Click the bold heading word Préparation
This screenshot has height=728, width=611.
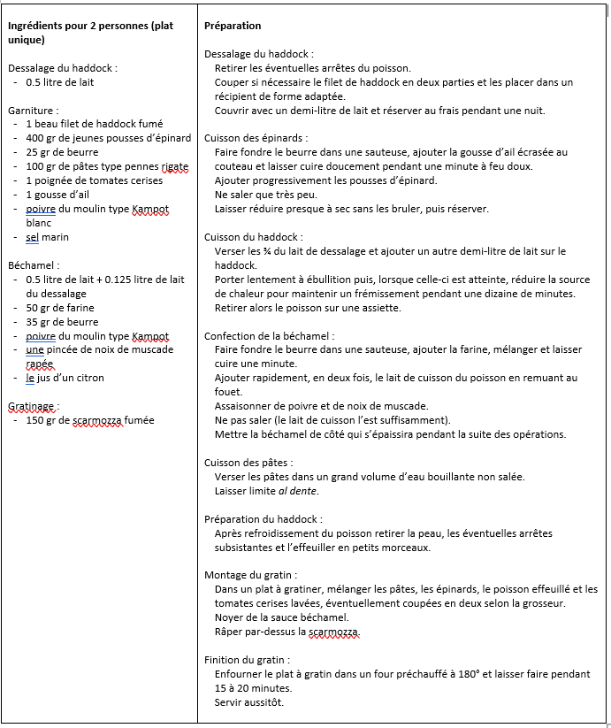233,27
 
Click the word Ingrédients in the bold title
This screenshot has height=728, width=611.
35,27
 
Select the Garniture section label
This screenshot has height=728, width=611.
34,111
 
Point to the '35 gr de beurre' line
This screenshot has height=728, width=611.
63,322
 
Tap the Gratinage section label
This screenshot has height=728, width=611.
34,406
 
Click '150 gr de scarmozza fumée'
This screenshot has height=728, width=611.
89,420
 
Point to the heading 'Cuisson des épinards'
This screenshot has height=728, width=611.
256,138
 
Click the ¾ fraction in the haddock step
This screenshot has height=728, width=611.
262,251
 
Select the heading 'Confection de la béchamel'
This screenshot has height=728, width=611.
269,336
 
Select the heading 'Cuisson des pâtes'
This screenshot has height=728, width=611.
248,463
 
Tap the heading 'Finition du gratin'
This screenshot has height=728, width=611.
247,660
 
